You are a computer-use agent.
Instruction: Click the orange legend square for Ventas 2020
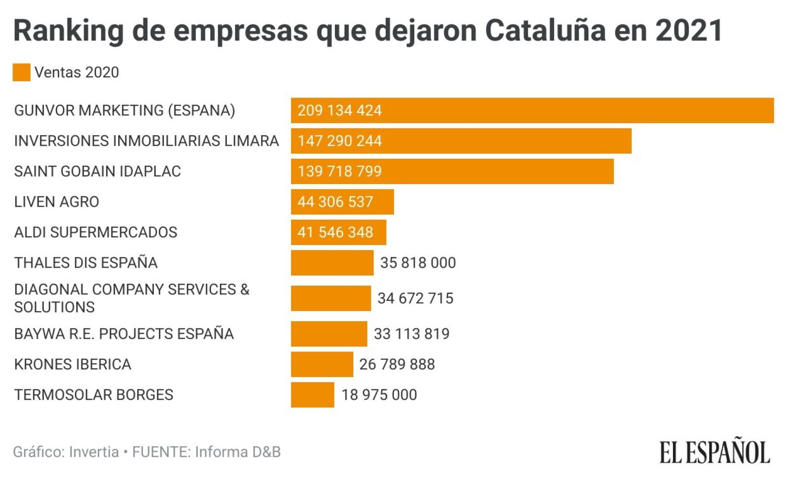point(21,72)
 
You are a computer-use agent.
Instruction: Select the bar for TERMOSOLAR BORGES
point(312,395)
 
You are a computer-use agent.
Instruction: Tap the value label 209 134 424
point(339,110)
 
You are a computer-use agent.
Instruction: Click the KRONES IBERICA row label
point(73,364)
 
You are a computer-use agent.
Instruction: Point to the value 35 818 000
point(418,263)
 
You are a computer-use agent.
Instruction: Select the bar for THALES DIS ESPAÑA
point(332,263)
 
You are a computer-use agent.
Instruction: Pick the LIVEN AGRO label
point(56,202)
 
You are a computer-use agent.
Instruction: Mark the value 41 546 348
point(335,232)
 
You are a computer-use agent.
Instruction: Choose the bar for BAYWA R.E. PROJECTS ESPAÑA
point(329,334)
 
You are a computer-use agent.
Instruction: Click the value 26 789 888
point(397,364)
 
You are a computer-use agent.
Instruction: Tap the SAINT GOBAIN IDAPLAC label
point(97,171)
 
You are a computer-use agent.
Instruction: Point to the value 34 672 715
point(415,298)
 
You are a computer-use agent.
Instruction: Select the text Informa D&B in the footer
point(237,452)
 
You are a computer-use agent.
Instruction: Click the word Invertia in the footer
point(94,452)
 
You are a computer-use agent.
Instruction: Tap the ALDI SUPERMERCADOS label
point(96,232)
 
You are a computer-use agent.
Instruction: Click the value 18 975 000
point(379,395)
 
